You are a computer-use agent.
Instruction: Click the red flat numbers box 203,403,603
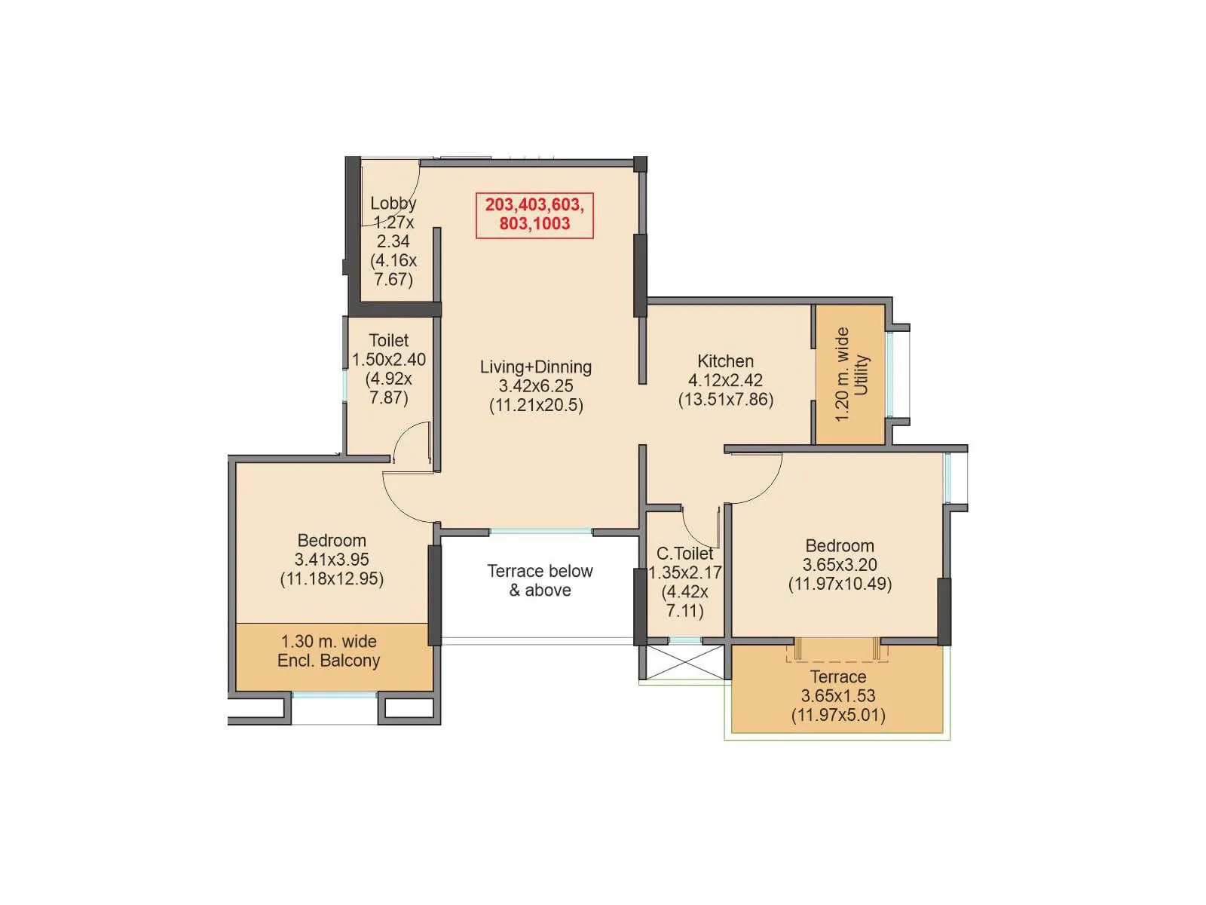(x=534, y=215)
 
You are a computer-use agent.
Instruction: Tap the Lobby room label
(x=393, y=203)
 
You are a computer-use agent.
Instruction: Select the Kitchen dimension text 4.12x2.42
(x=725, y=380)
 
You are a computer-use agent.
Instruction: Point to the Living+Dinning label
(x=536, y=367)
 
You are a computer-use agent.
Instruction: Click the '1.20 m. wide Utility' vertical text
(x=852, y=374)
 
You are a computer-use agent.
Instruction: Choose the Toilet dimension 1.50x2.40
(x=389, y=360)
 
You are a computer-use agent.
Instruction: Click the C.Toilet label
(x=684, y=554)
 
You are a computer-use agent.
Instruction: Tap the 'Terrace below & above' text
(x=540, y=581)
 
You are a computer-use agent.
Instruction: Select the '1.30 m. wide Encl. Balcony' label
(x=329, y=651)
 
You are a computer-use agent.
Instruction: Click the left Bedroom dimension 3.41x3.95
(x=332, y=560)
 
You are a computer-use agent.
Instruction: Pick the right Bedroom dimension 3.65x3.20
(x=840, y=565)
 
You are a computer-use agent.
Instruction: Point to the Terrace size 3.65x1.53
(x=838, y=696)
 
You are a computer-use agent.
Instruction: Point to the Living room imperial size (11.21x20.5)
(x=536, y=405)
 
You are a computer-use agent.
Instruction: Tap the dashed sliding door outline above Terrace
(x=837, y=653)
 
